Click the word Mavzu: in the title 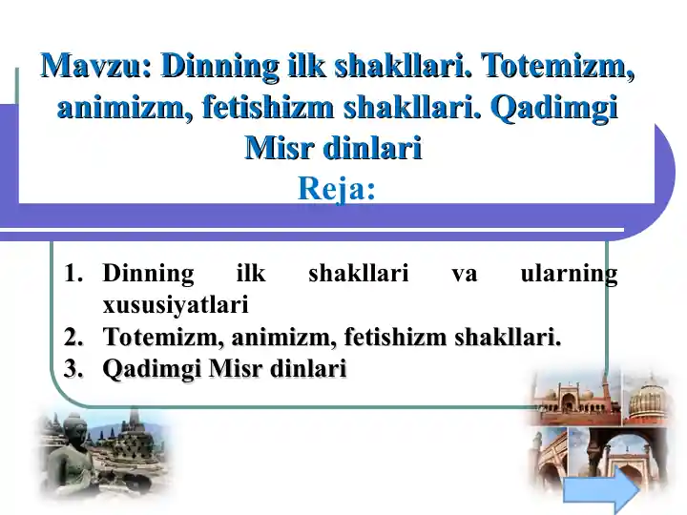pos(95,67)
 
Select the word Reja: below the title pos(336,189)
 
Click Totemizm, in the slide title pos(558,67)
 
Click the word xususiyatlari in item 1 pos(175,305)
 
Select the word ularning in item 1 pos(569,275)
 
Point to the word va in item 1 pos(464,275)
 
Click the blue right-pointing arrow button pos(600,492)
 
